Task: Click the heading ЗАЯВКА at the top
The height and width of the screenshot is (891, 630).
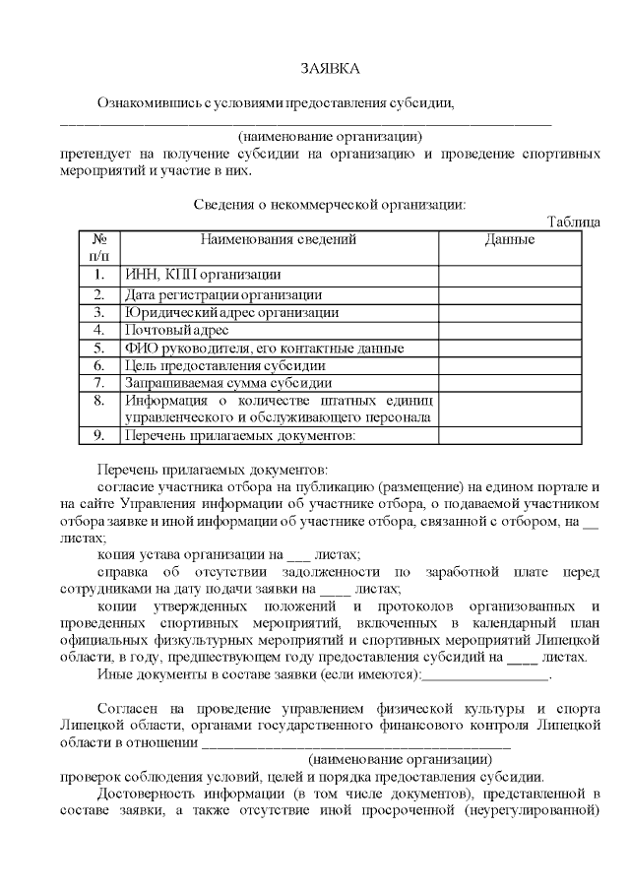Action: pos(331,68)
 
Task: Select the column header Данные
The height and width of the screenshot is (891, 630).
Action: pos(510,239)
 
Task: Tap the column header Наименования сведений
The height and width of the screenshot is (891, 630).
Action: pos(279,239)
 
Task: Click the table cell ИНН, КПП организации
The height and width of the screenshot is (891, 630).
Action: pos(203,275)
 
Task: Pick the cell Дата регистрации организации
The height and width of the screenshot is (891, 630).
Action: pos(222,294)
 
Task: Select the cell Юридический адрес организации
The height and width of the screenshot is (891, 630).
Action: pos(231,312)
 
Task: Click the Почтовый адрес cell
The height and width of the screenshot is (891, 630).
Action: pos(176,330)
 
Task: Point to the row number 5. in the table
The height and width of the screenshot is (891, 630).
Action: pos(98,348)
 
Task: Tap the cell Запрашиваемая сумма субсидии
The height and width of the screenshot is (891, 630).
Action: pos(227,382)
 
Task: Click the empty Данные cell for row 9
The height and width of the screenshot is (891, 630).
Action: pos(510,434)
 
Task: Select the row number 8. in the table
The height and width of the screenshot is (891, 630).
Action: pos(98,401)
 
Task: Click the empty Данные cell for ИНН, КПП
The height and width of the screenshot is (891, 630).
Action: pos(510,275)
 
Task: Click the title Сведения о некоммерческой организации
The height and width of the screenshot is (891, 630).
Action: pos(329,205)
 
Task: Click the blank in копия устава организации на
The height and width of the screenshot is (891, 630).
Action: pos(302,555)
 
